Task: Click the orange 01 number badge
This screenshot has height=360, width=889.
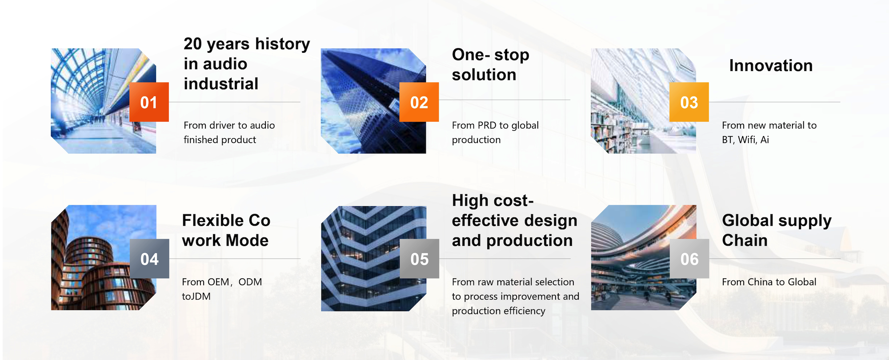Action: (149, 102)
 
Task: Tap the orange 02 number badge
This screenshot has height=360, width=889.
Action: (419, 102)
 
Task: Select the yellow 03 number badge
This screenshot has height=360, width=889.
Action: (689, 102)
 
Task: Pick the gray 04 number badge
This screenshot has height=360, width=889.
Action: (149, 259)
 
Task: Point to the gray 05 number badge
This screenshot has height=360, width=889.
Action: (420, 259)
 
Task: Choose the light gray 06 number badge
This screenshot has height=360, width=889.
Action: (689, 259)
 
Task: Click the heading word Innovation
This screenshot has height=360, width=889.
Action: (771, 66)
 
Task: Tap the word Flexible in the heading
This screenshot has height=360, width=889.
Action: (213, 220)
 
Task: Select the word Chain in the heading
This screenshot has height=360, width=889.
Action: (745, 240)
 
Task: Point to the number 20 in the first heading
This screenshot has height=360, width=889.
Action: (193, 44)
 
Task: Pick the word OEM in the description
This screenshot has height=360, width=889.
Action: (218, 282)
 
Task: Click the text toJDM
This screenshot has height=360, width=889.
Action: (196, 296)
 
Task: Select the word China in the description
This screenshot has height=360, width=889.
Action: (760, 282)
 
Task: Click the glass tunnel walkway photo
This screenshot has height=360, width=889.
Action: (104, 101)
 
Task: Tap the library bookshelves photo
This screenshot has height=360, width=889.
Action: (643, 101)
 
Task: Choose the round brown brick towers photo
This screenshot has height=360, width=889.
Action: (104, 257)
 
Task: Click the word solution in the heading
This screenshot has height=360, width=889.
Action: (484, 75)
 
